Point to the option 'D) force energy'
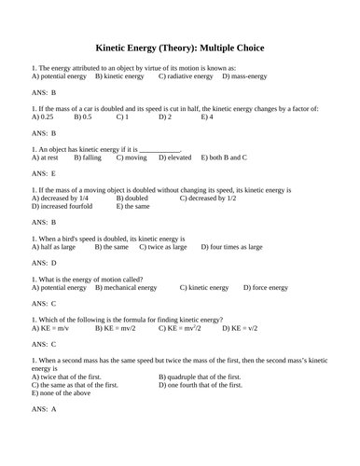point(266,288)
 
